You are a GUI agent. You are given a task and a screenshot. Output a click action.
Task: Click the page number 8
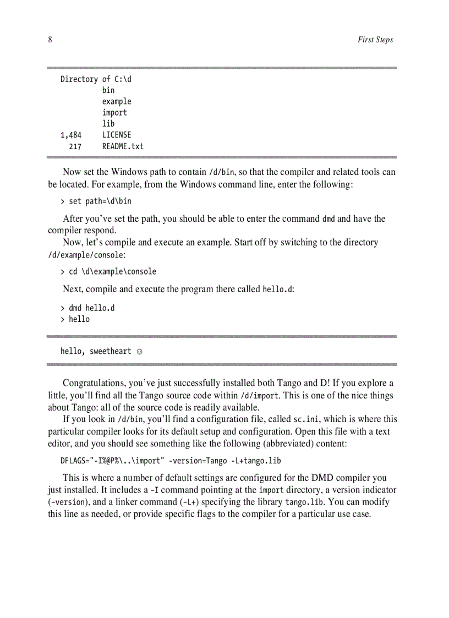[x=50, y=40]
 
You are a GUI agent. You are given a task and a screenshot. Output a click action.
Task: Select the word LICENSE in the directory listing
[x=117, y=135]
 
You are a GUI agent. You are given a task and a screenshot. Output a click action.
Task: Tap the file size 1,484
[x=71, y=135]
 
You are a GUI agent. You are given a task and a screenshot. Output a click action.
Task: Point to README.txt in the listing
[x=123, y=146]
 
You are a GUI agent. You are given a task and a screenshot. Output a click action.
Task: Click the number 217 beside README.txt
[x=75, y=146]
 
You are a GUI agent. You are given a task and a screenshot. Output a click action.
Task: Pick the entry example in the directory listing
[x=117, y=101]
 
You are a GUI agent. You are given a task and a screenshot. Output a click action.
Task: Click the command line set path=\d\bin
[x=100, y=201]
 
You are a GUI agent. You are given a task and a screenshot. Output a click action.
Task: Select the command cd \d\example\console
[x=112, y=271]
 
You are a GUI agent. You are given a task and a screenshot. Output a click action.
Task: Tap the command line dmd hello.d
[x=91, y=308]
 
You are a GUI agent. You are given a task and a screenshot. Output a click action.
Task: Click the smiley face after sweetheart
[x=139, y=351]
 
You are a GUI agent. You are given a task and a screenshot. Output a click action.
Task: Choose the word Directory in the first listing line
[x=79, y=79]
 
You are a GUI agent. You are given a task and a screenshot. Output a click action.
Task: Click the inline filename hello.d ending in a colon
[x=277, y=289]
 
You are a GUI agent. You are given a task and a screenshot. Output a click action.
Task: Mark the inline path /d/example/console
[x=85, y=255]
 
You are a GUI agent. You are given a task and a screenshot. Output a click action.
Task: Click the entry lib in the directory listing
[x=108, y=124]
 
